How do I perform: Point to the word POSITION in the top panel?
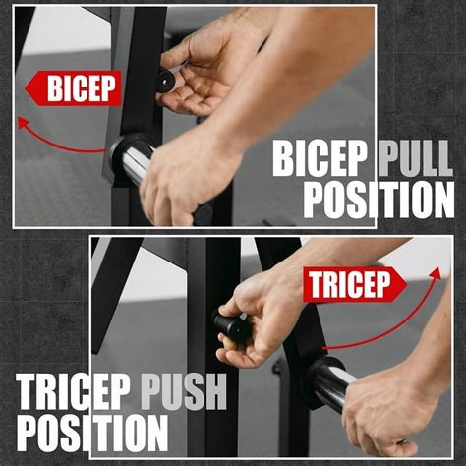pyautogui.click(x=378, y=199)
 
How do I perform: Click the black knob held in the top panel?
pyautogui.click(x=165, y=81)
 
